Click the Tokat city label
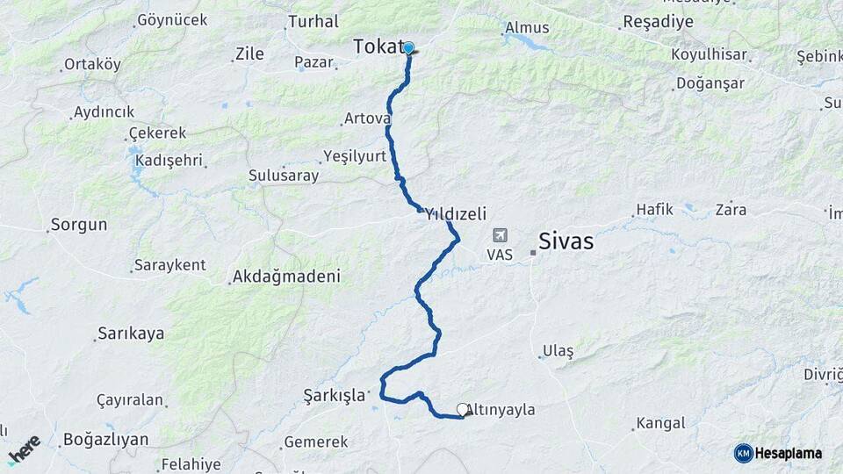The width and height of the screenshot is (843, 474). [x=378, y=47]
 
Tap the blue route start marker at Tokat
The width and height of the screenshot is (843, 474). [x=408, y=47]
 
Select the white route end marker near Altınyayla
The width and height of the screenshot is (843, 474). [x=463, y=409]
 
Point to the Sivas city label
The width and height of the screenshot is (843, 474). [x=566, y=241]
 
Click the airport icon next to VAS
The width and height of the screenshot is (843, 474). [x=500, y=235]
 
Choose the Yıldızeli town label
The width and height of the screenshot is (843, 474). [x=456, y=213]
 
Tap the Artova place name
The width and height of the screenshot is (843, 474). [x=367, y=118]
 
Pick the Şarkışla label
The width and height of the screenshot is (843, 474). [x=334, y=395]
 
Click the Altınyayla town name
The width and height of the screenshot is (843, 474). [x=504, y=409]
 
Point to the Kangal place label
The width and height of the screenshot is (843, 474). [x=660, y=423]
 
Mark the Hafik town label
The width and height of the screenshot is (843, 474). [x=655, y=209]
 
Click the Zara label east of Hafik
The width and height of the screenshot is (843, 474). [x=731, y=209]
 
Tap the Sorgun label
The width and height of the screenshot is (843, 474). [x=79, y=225]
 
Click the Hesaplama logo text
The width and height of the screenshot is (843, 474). [x=788, y=453]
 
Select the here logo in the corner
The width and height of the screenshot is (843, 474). [x=24, y=449]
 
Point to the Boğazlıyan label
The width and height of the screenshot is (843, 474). [x=105, y=439]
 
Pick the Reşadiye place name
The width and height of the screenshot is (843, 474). [x=658, y=21]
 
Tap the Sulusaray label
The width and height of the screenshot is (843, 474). [x=284, y=176]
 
